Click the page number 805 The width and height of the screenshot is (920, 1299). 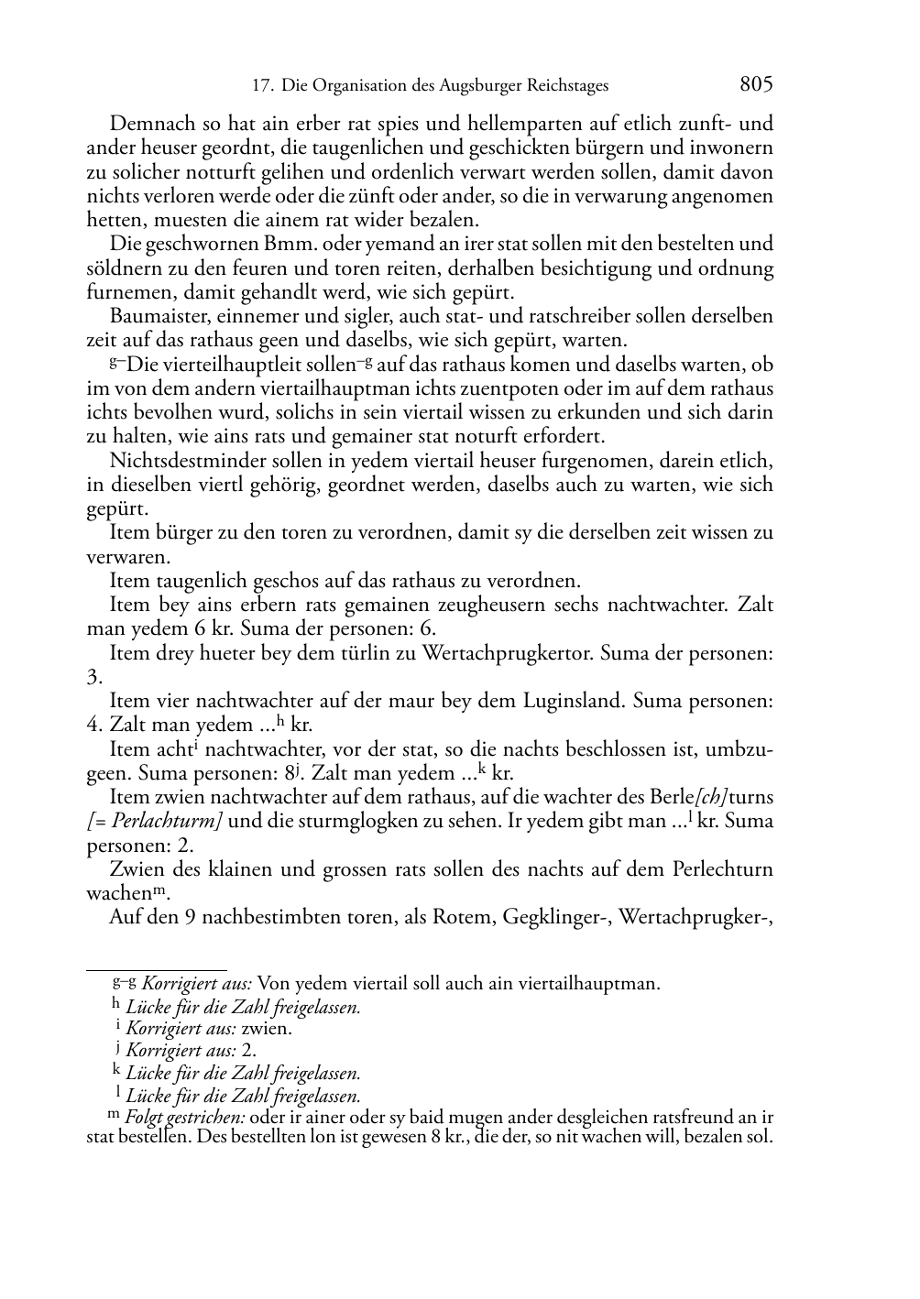coord(756,85)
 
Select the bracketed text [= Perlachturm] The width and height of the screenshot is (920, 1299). coord(155,822)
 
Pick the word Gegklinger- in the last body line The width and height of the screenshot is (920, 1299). coord(557,918)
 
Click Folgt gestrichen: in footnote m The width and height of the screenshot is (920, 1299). coord(186,1118)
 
